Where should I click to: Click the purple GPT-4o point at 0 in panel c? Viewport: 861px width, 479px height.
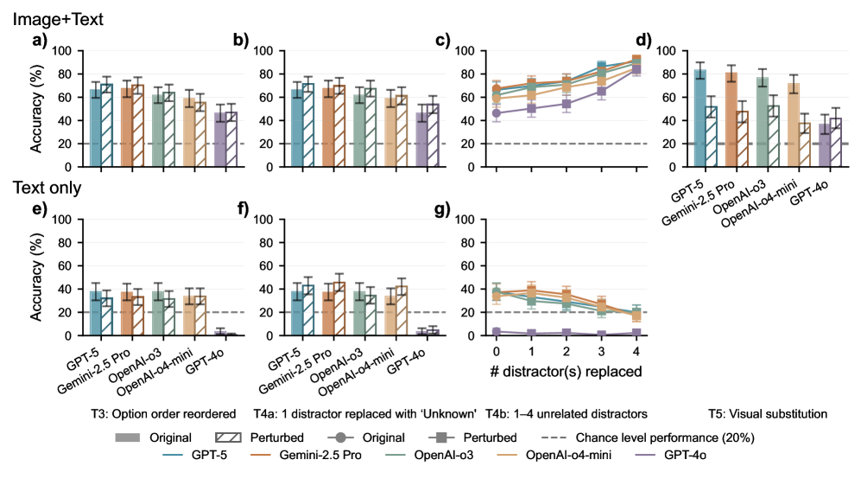[x=496, y=113]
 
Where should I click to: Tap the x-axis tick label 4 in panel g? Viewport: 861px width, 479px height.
[x=635, y=353]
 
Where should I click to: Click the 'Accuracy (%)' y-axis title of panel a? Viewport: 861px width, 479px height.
[x=36, y=109]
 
